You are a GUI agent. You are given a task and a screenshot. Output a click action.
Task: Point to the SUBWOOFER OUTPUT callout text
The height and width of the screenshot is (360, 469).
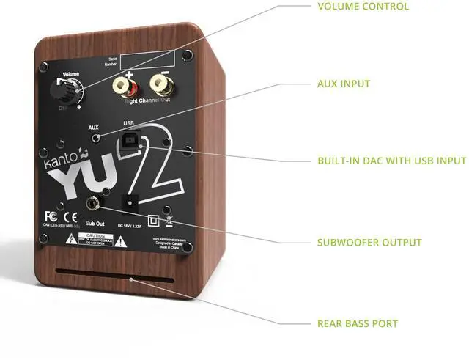(369, 243)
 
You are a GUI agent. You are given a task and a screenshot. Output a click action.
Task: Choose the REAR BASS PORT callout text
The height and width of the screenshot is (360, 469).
(358, 323)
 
